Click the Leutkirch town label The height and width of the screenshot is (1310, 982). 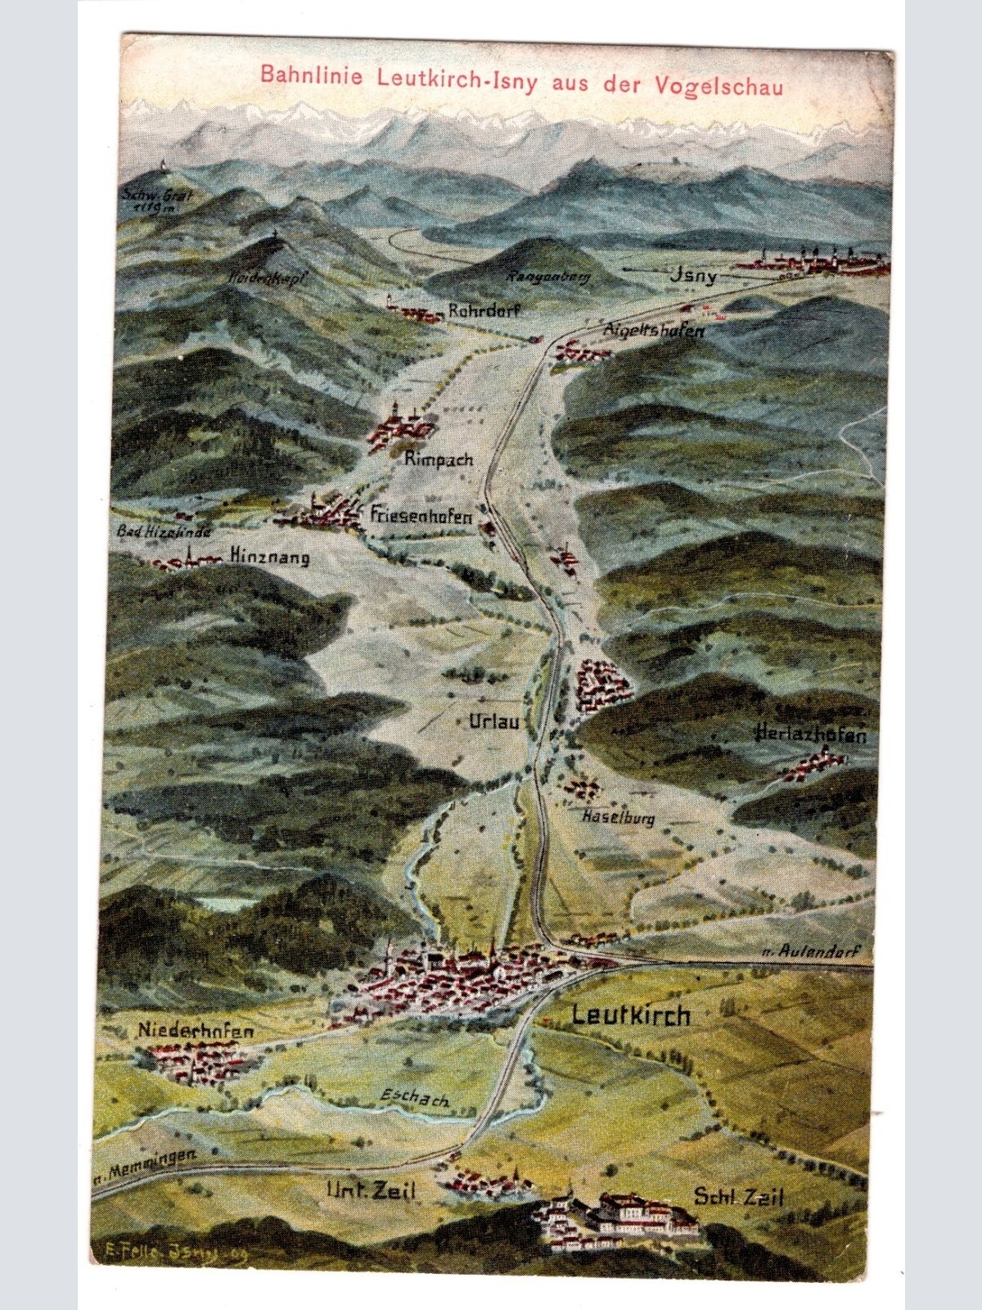coord(631,1015)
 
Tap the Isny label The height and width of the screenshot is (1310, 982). coord(693,276)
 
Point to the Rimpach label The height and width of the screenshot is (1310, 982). coord(439,459)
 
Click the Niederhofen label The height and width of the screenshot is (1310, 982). coord(195,1032)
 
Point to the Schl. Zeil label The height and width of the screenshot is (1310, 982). coord(739,1198)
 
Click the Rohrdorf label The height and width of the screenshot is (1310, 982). coord(484,311)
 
